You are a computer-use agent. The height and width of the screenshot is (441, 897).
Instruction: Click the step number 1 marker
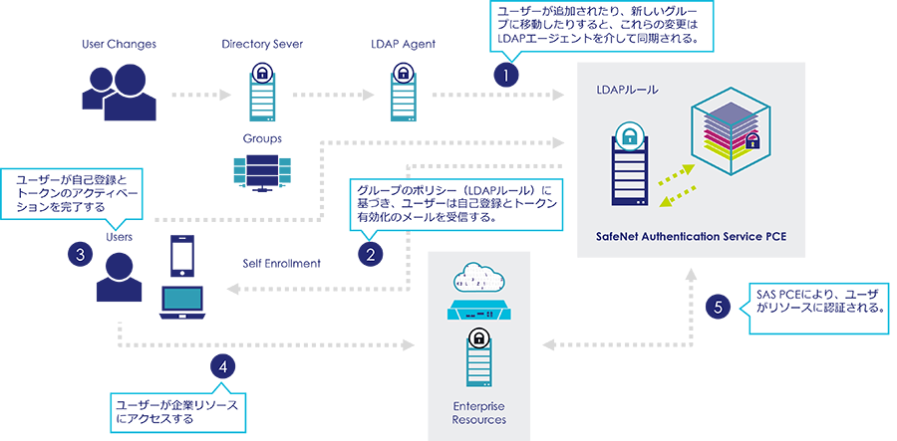click(x=506, y=75)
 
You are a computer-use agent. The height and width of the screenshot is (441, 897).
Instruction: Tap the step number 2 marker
click(x=371, y=255)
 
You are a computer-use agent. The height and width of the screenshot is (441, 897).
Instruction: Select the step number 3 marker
click(x=80, y=254)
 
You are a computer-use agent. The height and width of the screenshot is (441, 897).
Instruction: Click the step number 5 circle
click(x=719, y=307)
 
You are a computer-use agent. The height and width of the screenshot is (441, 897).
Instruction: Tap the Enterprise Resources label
click(x=479, y=413)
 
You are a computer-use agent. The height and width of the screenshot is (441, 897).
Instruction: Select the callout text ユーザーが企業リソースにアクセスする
click(x=179, y=412)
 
